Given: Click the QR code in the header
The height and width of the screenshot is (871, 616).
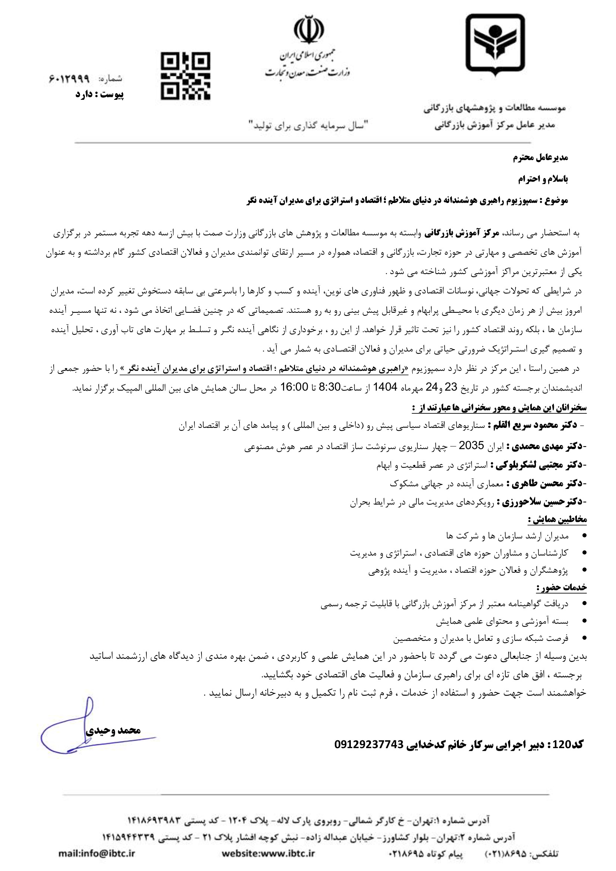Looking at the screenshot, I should pyautogui.click(x=185, y=76).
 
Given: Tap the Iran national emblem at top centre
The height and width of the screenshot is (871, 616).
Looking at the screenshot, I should pyautogui.click(x=309, y=29).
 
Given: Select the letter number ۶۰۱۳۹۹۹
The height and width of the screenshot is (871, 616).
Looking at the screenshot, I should pyautogui.click(x=69, y=79).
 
